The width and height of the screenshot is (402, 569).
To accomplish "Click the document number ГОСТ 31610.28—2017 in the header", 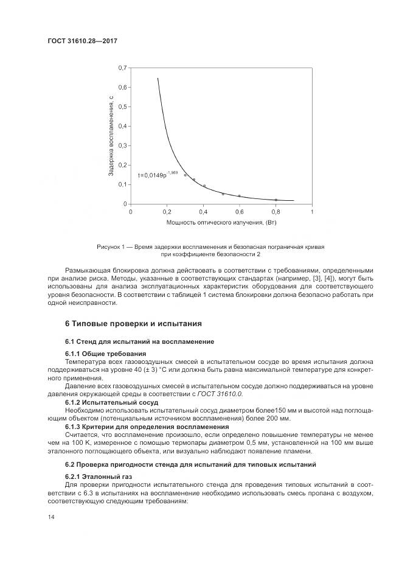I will click(x=81, y=41).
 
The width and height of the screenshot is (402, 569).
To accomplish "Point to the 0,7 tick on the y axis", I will click(x=122, y=68).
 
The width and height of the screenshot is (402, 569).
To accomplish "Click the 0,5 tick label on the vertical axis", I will click(x=122, y=106).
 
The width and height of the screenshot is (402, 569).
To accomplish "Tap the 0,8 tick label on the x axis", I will click(x=276, y=212).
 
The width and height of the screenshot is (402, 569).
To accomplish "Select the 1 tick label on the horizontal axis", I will click(x=311, y=212).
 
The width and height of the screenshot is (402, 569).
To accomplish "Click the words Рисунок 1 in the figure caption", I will click(x=110, y=246).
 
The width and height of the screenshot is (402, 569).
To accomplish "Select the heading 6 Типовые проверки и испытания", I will click(x=133, y=323).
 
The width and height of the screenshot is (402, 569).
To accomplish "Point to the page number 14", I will click(x=51, y=517).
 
